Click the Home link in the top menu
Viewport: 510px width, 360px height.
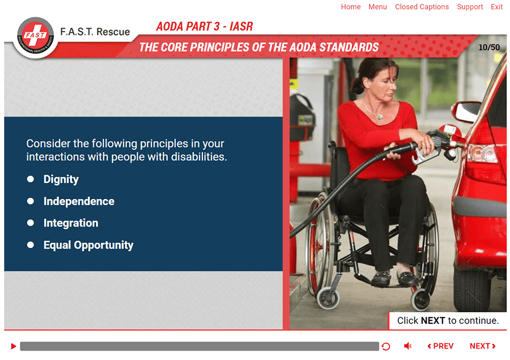(351, 7)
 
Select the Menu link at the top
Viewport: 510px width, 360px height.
(378, 7)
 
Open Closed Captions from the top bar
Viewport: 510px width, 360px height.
(422, 7)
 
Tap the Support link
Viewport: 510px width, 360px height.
(470, 7)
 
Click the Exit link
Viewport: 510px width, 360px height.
(497, 7)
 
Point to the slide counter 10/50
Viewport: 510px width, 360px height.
(489, 48)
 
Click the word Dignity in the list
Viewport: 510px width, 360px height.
(61, 179)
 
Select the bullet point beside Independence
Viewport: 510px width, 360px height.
(30, 201)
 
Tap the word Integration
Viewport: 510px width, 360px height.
(71, 223)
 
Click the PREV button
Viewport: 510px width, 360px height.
(440, 346)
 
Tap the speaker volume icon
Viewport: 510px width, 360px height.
(407, 346)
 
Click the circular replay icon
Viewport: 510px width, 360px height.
(386, 346)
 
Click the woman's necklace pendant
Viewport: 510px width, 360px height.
(379, 116)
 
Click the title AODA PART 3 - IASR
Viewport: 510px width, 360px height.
(204, 26)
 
